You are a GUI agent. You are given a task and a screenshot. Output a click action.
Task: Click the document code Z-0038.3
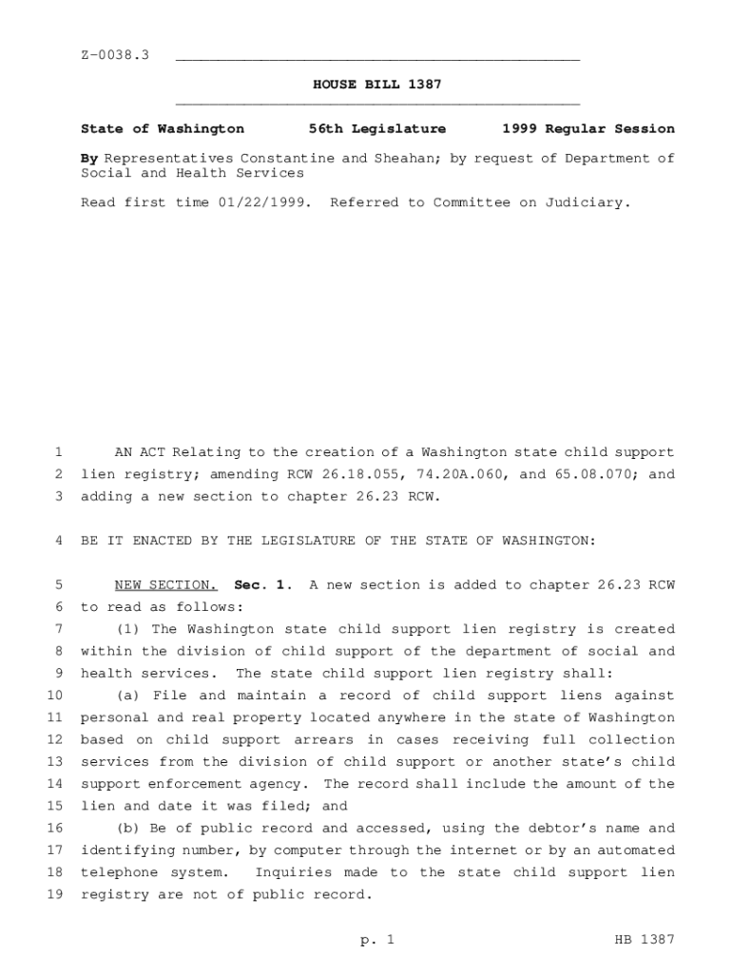(x=115, y=56)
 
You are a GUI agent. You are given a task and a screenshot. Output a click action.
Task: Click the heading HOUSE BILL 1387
(x=377, y=86)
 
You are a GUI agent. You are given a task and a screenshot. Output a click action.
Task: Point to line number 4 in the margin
(x=58, y=541)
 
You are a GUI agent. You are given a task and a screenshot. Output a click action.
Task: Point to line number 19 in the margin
(x=54, y=895)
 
